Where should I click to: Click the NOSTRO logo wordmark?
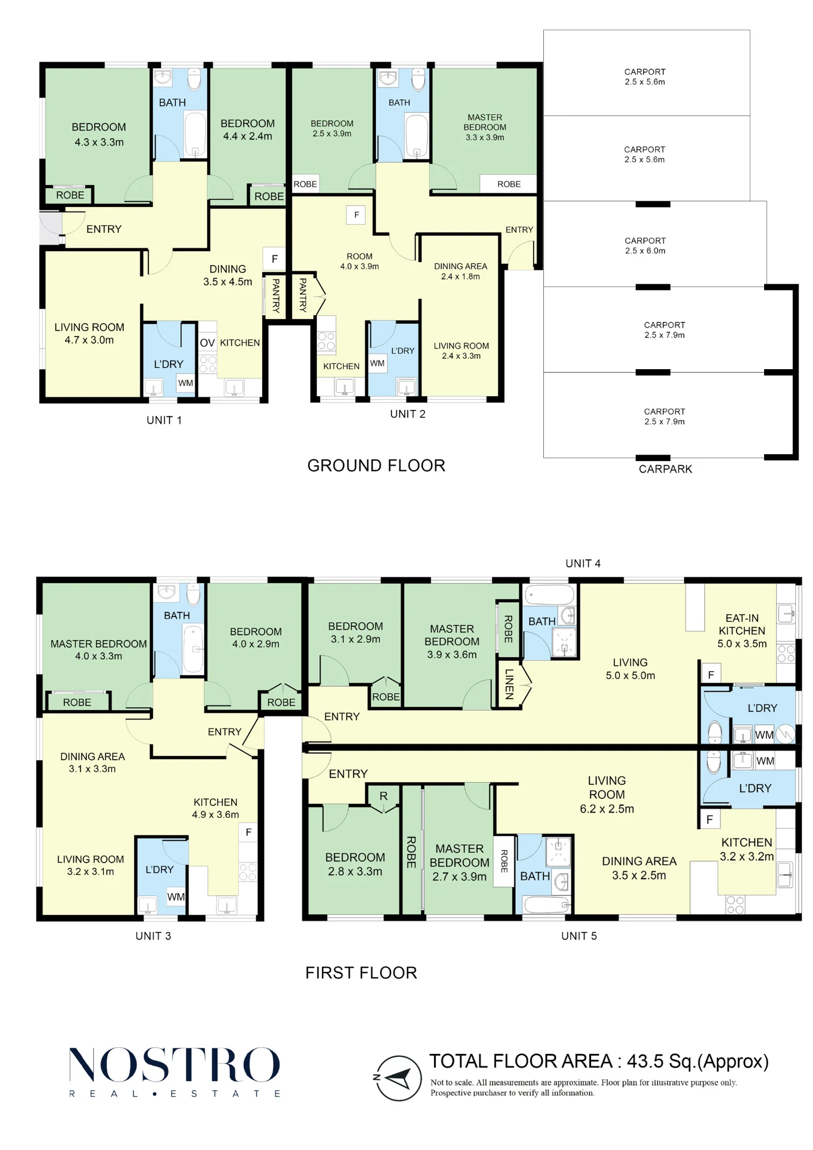[174, 1064]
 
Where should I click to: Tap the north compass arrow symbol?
[397, 1078]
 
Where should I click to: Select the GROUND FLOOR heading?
[376, 466]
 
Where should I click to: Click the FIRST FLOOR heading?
[361, 973]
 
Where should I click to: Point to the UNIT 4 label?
[583, 563]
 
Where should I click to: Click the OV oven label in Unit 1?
[208, 343]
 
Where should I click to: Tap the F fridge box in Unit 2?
[356, 215]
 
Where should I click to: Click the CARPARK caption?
[665, 469]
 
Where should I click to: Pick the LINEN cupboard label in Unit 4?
[509, 684]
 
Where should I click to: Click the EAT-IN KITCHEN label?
[742, 631]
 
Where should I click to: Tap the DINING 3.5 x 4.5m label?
[228, 275]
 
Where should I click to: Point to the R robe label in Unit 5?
[384, 796]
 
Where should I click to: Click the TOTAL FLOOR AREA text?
[599, 1061]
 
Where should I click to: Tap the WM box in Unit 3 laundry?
[176, 897]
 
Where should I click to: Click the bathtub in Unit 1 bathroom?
[195, 135]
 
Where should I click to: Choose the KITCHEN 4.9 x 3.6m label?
[216, 808]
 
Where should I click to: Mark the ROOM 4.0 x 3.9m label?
[359, 261]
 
